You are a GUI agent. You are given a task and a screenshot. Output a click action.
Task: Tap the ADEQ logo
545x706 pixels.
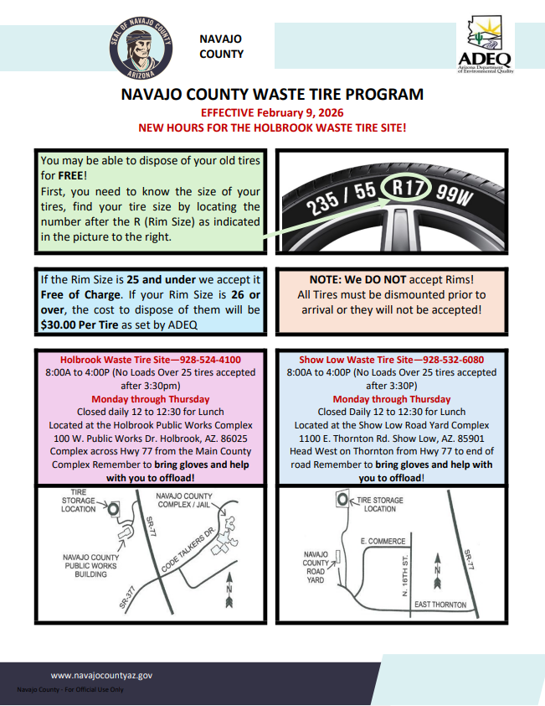tap(485, 46)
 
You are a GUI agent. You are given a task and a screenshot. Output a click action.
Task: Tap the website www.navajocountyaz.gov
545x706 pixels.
tap(102, 674)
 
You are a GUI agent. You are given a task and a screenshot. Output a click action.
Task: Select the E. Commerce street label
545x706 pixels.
tap(383, 542)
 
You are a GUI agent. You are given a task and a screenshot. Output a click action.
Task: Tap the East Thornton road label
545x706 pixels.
tap(440, 605)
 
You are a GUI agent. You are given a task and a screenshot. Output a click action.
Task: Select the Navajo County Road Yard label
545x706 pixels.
tap(316, 567)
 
